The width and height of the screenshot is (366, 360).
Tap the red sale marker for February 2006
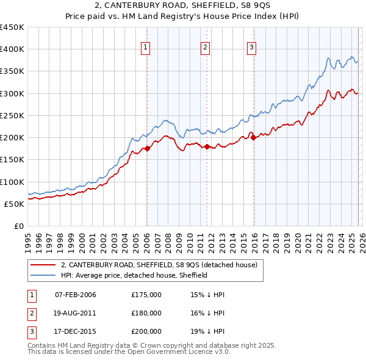(x=147, y=148)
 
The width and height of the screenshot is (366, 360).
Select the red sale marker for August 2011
(x=207, y=146)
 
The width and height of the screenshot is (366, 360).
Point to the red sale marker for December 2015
(x=253, y=137)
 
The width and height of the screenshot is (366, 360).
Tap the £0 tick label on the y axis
(x=18, y=226)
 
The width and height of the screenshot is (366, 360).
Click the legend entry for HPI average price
(x=134, y=275)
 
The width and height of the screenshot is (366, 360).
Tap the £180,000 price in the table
(x=146, y=313)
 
